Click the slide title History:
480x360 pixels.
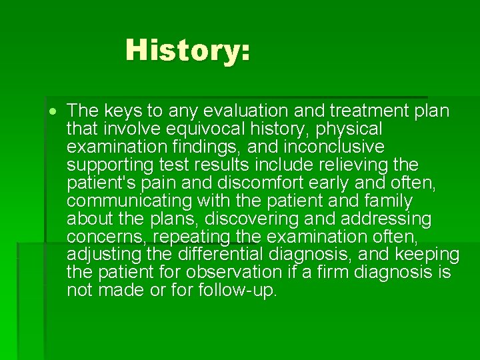187,50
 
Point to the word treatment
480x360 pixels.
369,109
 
